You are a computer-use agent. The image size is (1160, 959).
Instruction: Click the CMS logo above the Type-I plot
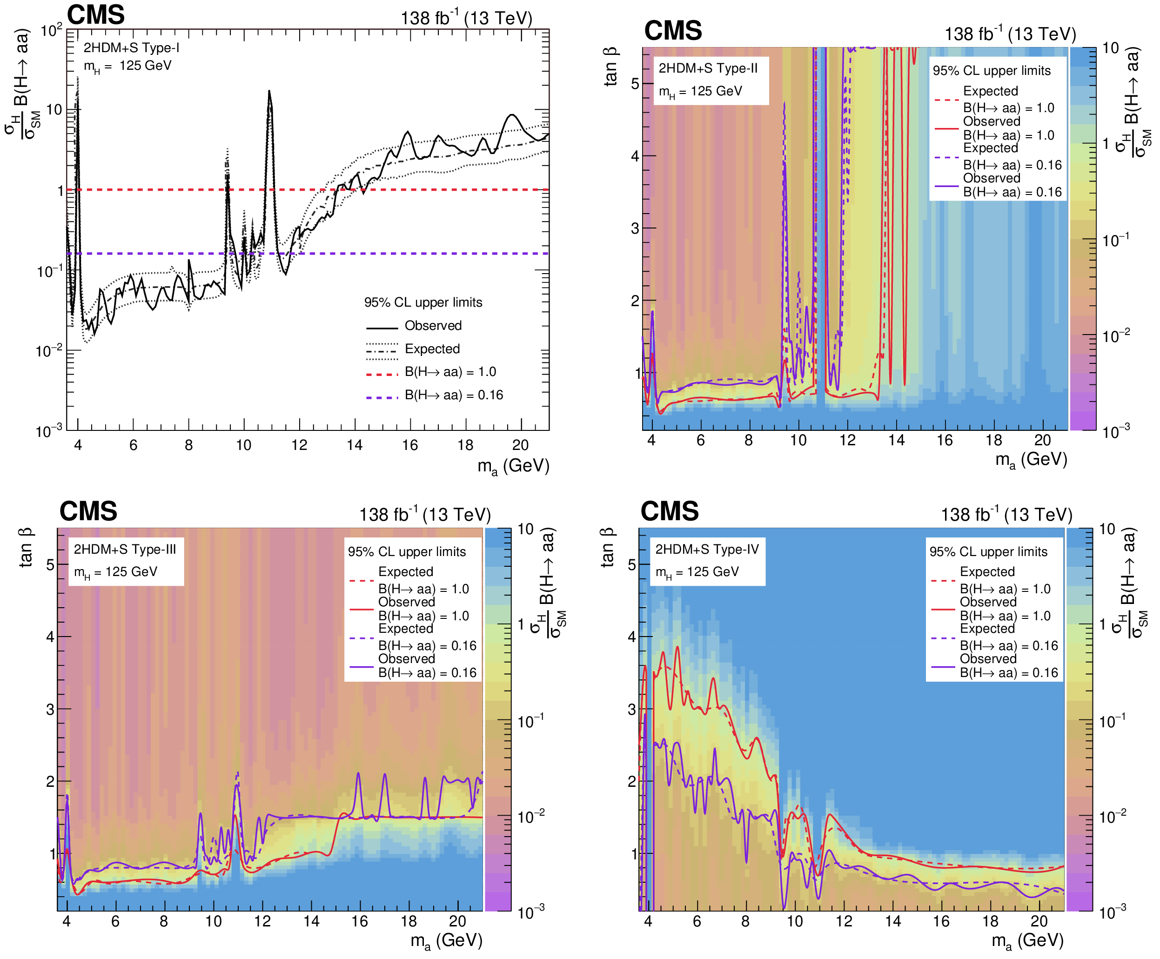pos(95,14)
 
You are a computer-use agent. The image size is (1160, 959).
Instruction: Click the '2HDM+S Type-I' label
pos(132,48)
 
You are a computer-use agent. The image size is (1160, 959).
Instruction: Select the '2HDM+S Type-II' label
pos(708,68)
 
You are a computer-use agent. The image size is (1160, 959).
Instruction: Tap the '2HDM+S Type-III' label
pos(125,549)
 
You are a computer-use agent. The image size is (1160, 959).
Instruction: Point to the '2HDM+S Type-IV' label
pos(707,549)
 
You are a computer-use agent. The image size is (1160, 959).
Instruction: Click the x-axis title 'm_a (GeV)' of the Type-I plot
pos(513,466)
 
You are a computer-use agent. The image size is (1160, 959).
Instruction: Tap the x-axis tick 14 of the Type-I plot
pos(355,445)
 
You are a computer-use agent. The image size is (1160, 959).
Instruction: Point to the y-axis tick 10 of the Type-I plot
pos(54,109)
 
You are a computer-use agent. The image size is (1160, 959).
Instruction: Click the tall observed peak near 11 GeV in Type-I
pos(269,91)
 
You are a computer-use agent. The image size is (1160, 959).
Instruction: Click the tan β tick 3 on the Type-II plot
pos(635,228)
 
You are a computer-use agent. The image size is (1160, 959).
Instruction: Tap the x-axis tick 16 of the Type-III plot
pos(360,921)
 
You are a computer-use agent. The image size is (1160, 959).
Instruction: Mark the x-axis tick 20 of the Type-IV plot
pos(1039,921)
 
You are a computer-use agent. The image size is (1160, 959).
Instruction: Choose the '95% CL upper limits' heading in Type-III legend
pos(407,551)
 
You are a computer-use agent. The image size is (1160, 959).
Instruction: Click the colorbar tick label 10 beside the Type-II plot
pos(1110,48)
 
